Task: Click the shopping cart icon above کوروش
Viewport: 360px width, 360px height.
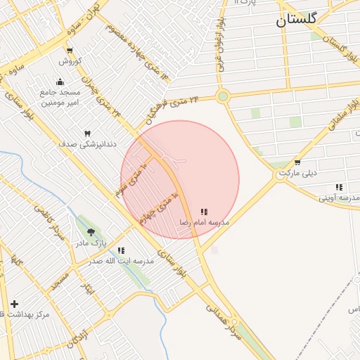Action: [x=69, y=50]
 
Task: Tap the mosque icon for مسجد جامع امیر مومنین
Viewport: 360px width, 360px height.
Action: [x=60, y=82]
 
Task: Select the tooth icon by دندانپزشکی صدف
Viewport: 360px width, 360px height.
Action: [x=88, y=133]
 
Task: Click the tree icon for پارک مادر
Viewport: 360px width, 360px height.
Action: [x=91, y=232]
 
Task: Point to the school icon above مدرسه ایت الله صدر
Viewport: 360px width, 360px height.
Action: [x=122, y=250]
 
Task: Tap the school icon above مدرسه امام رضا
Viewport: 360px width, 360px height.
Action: [x=204, y=211]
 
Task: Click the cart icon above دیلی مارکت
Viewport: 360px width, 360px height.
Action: [x=298, y=162]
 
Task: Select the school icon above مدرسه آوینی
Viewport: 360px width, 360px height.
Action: [x=340, y=187]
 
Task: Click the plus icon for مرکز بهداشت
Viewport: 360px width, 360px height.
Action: [x=14, y=304]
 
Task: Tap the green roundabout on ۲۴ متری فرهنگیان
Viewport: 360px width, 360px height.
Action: [x=223, y=97]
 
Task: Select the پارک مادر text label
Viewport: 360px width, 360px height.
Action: [x=92, y=243]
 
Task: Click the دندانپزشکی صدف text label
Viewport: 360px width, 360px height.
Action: [x=87, y=143]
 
